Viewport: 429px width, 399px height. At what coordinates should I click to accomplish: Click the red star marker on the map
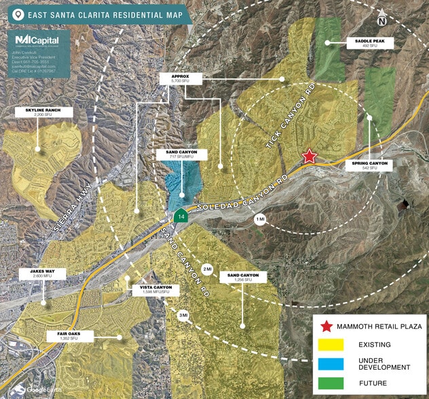click(310, 156)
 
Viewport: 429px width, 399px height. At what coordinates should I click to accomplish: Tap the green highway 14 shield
click(180, 216)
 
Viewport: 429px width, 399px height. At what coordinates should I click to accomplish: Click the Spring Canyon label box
click(369, 165)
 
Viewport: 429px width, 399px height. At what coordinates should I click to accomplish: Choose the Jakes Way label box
click(42, 273)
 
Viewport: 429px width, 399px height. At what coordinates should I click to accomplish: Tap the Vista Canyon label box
click(157, 290)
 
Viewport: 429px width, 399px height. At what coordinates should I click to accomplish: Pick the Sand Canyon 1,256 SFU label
click(244, 278)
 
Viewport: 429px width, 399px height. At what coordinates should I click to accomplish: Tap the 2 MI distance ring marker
click(208, 270)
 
